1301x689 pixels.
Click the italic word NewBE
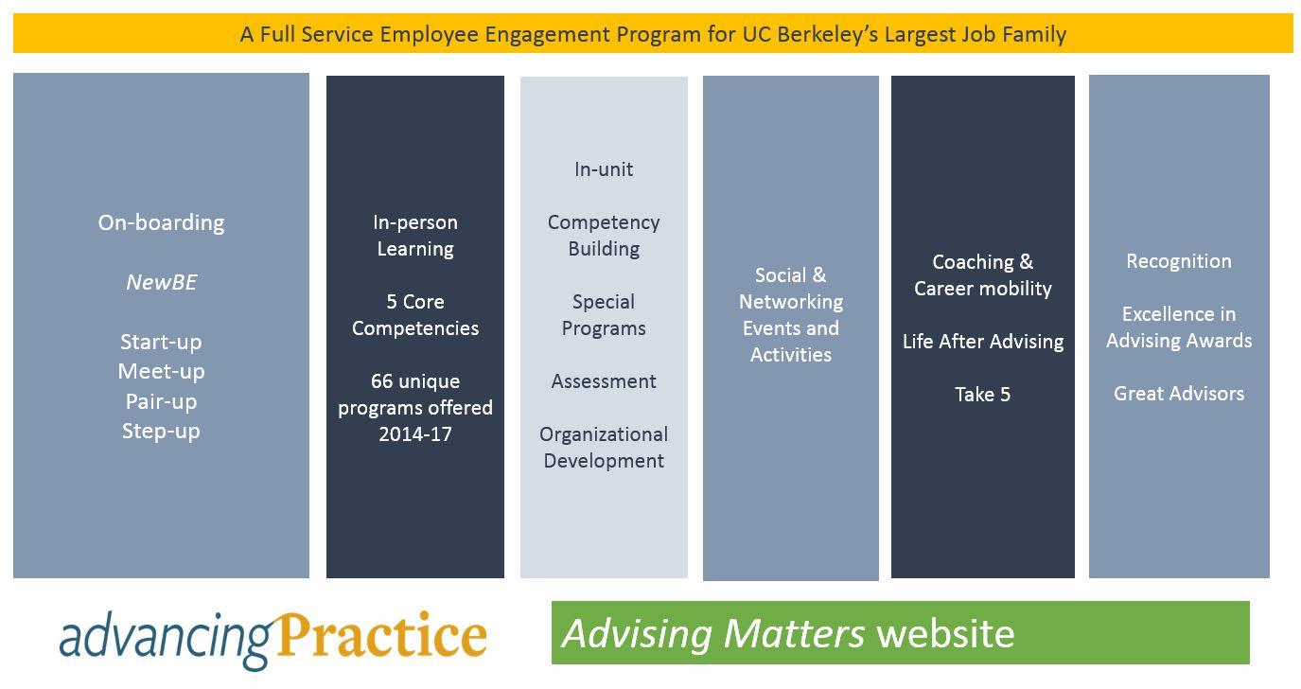pyautogui.click(x=162, y=282)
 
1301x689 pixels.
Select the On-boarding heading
pyautogui.click(x=161, y=223)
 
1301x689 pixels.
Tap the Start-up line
pyautogui.click(x=161, y=343)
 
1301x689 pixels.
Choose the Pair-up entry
pyautogui.click(x=161, y=402)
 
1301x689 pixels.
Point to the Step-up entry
pyautogui.click(x=161, y=432)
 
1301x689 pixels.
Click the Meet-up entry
pyautogui.click(x=161, y=372)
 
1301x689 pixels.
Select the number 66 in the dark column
pyautogui.click(x=381, y=381)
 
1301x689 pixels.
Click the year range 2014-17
pyautogui.click(x=415, y=434)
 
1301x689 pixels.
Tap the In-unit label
pyautogui.click(x=604, y=169)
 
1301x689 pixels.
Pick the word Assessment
pyautogui.click(x=604, y=381)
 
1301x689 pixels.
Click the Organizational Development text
pyautogui.click(x=604, y=448)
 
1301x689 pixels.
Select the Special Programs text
pyautogui.click(x=604, y=315)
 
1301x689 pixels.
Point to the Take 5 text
pyautogui.click(x=983, y=395)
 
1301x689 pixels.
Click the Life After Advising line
pyautogui.click(x=983, y=343)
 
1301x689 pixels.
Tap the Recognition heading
pyautogui.click(x=1179, y=262)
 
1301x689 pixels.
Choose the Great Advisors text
pyautogui.click(x=1179, y=394)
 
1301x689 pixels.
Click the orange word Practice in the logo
pyautogui.click(x=381, y=635)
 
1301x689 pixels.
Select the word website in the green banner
pyautogui.click(x=945, y=633)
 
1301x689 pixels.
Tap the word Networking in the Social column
pyautogui.click(x=791, y=302)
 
